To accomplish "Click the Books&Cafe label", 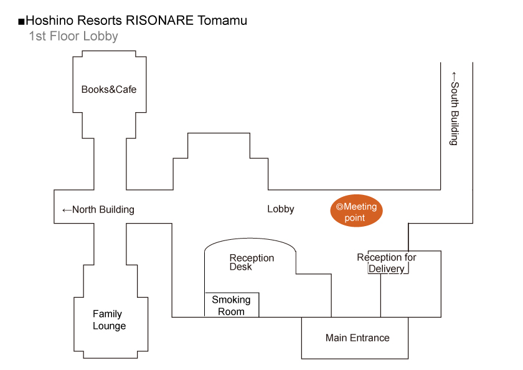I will [109, 90].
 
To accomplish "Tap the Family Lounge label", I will [109, 320].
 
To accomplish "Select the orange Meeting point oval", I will [356, 212].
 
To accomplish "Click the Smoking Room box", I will [232, 305].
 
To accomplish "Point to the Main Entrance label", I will [357, 338].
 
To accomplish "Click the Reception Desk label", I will [252, 262].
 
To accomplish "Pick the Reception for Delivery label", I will [387, 263].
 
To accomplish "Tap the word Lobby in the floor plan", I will [281, 209].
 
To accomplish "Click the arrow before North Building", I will [67, 210].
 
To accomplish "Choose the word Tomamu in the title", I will [222, 21].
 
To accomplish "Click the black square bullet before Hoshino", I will [22, 22].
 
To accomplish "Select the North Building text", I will [103, 210].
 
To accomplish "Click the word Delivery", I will [387, 269].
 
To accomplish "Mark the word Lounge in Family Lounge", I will [109, 326].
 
